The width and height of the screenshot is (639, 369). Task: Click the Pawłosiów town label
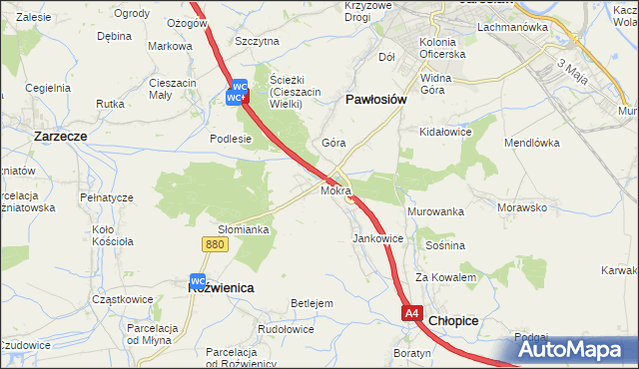(375, 100)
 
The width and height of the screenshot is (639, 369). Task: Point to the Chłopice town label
(454, 321)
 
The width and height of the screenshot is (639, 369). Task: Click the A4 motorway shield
(413, 313)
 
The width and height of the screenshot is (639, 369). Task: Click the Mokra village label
(335, 189)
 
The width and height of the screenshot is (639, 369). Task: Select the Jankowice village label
(378, 239)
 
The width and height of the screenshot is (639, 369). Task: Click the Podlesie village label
(230, 140)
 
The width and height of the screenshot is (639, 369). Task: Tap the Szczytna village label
(257, 41)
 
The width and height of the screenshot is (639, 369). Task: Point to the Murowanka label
(436, 212)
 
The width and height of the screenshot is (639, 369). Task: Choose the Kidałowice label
(445, 132)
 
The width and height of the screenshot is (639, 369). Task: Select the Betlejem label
(311, 303)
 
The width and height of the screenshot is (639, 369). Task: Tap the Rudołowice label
(287, 329)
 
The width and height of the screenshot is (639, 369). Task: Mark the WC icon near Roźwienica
(198, 281)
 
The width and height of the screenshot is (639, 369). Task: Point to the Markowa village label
(170, 46)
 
